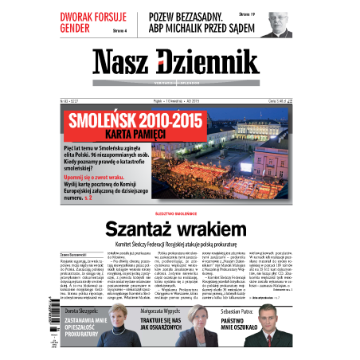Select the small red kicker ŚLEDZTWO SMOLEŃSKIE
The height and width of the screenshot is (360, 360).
pyautogui.click(x=179, y=214)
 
